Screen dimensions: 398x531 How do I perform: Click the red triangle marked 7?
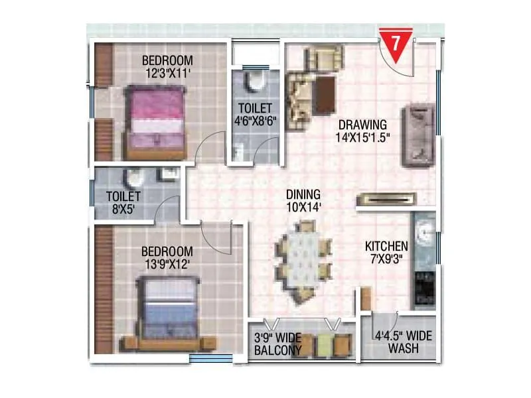coord(395,44)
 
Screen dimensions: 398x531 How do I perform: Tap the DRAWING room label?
coord(362,125)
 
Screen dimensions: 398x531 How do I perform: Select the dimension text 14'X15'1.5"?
coord(362,138)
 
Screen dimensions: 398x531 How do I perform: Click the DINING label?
coord(303,194)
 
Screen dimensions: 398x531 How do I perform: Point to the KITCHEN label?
coord(386,247)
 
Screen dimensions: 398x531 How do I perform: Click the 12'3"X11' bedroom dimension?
coord(167,74)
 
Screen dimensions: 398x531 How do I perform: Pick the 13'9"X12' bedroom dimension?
coord(167,265)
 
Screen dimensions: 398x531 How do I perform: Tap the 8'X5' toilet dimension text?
coord(123,210)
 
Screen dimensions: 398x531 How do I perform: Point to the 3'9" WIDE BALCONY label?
coord(278,344)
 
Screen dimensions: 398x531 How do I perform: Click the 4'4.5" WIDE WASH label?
coord(403,341)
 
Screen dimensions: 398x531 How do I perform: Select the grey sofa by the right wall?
coord(418,135)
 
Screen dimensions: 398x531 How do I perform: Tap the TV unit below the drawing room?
coord(386,198)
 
